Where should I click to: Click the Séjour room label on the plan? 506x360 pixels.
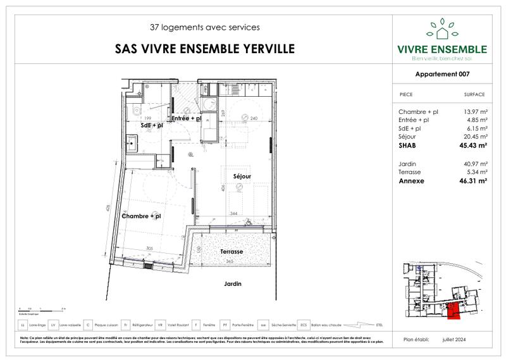tap(242, 176)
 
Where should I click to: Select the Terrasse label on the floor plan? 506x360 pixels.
tap(231, 251)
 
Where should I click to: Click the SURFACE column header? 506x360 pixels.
tap(474, 94)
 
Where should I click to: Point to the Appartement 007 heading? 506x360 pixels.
tap(442, 73)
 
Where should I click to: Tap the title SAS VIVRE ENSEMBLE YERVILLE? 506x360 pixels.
tap(204, 48)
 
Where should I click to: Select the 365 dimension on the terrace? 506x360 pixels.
tap(231, 261)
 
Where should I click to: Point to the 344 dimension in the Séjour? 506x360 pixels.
tap(234, 213)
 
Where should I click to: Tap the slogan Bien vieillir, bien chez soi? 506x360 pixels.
tap(441, 59)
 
